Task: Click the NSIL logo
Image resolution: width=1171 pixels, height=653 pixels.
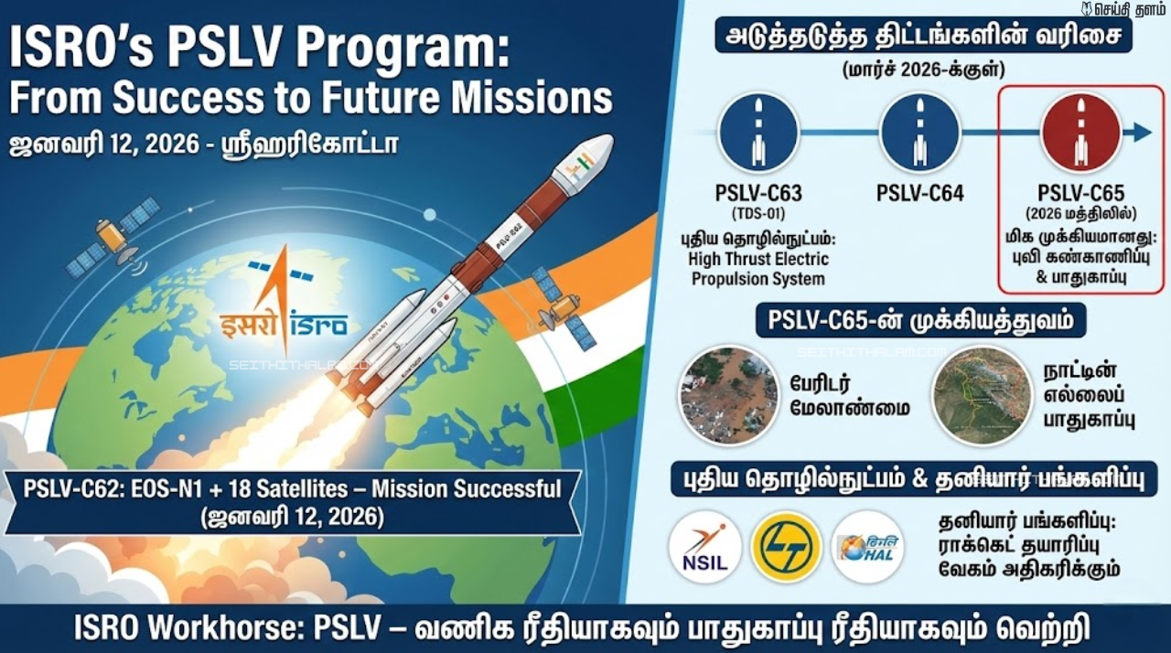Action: coord(704,547)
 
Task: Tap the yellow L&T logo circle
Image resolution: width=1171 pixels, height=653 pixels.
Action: coord(785,547)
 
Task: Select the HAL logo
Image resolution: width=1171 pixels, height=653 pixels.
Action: coord(866,547)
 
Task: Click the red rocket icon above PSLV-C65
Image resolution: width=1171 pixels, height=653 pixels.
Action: coord(1080,134)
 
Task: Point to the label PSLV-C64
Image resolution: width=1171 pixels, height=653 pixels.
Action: coord(919,194)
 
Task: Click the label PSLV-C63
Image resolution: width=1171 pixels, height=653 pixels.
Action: coord(758,194)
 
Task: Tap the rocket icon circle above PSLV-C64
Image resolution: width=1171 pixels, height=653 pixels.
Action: coord(919,134)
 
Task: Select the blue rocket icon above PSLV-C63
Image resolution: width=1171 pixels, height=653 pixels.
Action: coord(758,134)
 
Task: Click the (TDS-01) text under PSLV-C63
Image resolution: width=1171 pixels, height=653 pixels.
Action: coord(758,214)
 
